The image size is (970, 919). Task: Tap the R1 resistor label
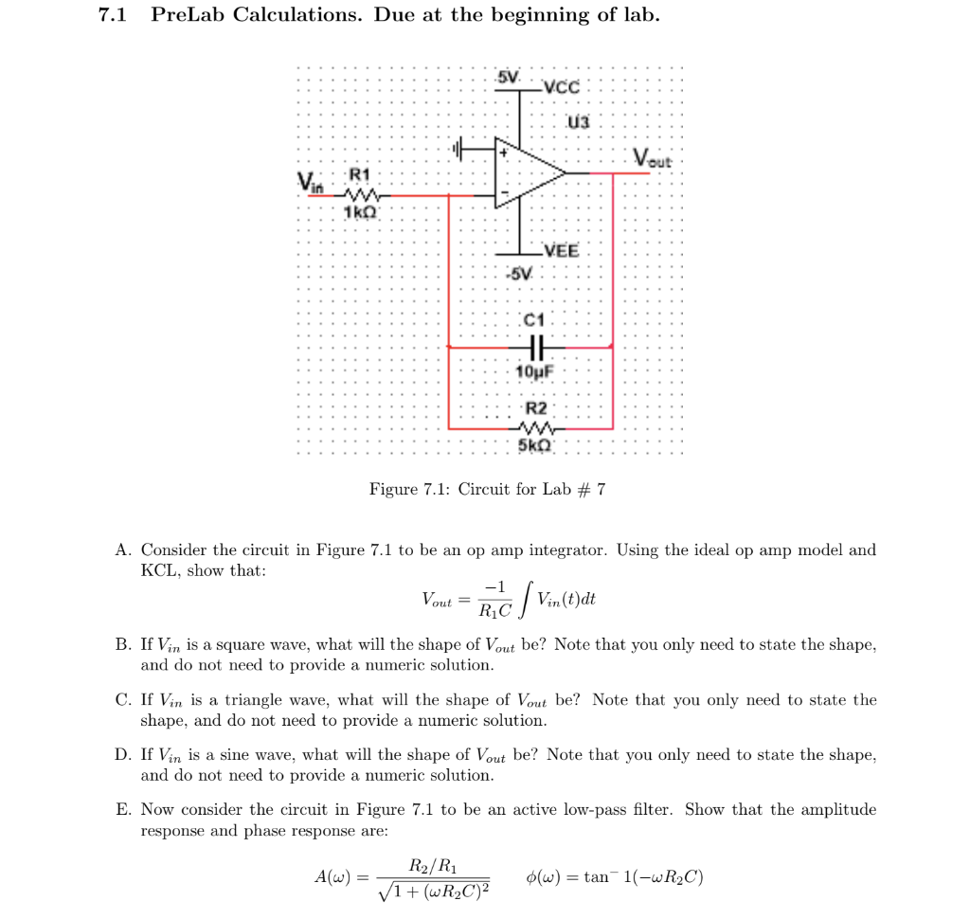point(360,174)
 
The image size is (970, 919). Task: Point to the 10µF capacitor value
point(533,371)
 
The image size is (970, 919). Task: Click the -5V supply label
point(519,274)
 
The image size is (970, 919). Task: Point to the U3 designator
point(578,121)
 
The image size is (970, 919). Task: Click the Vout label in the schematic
point(653,159)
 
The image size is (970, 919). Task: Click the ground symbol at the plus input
point(460,149)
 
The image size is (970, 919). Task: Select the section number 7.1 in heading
point(115,15)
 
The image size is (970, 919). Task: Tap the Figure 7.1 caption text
point(487,489)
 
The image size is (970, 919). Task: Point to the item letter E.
point(122,810)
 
